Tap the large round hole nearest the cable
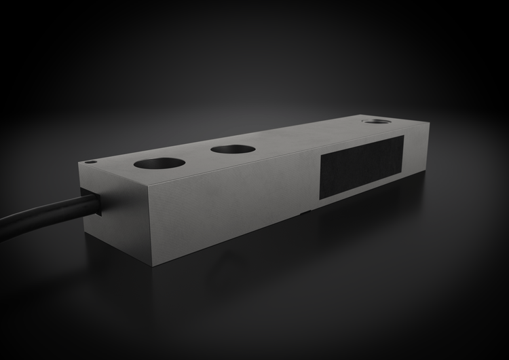159,163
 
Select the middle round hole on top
233,149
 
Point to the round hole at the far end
375,122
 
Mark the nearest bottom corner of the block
153,266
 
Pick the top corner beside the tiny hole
79,164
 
